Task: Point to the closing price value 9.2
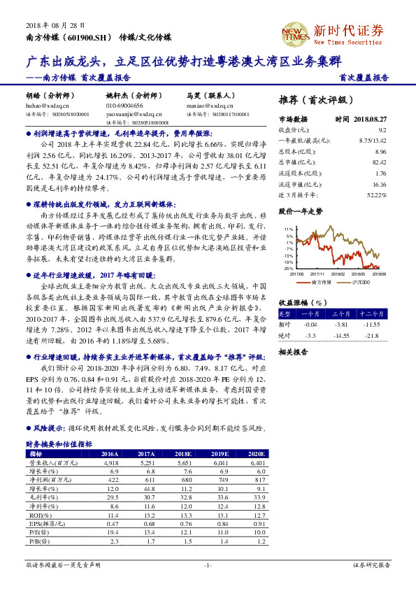point(382,130)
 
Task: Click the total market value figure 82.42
point(379,162)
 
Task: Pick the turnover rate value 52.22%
point(377,193)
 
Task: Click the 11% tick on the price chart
point(289,229)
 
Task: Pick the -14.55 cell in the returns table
point(342,335)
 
